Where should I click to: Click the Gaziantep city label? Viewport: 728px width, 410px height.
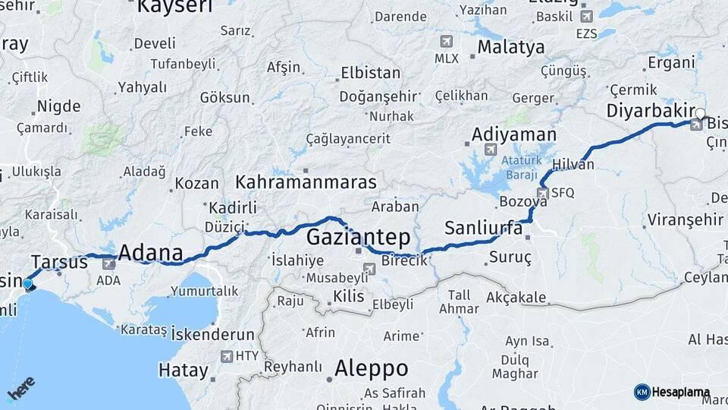coord(358,235)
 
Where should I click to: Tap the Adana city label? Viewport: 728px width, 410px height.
coord(151,253)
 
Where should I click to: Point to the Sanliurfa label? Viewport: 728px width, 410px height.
coord(484,228)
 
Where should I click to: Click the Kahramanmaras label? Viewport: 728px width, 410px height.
coord(306,182)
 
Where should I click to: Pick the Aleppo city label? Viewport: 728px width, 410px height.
coord(372,369)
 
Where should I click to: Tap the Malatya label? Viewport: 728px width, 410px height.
coord(510,47)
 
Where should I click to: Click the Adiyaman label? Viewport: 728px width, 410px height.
coord(513,134)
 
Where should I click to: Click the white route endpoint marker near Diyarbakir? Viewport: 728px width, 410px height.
coord(700,115)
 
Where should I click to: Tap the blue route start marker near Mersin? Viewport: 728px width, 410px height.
coord(28,285)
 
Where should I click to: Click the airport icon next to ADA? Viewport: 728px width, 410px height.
coord(108,263)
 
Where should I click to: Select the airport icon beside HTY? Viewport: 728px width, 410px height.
coord(227,356)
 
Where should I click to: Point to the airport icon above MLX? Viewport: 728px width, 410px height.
coord(446,41)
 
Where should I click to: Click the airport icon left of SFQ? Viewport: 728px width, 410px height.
coord(541,193)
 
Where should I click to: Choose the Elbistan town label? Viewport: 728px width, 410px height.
coord(371,74)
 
